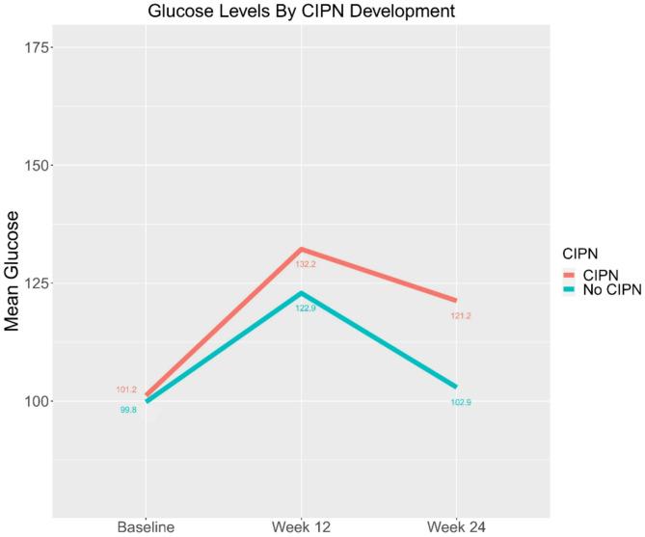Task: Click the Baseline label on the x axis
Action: (x=145, y=526)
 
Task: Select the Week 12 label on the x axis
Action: (x=301, y=526)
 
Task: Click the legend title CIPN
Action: (x=582, y=253)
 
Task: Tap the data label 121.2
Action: (x=461, y=315)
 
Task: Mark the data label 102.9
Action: (x=461, y=401)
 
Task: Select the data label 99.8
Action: (x=127, y=410)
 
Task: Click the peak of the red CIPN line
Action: (x=301, y=250)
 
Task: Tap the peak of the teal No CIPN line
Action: (x=301, y=293)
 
